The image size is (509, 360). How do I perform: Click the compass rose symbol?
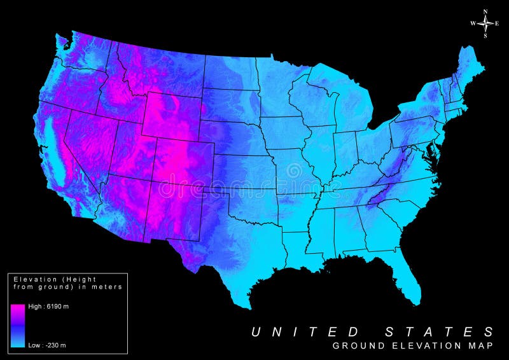click(x=485, y=23)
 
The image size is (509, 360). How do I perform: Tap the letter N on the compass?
click(x=485, y=11)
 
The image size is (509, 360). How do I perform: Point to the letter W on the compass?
click(x=473, y=24)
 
